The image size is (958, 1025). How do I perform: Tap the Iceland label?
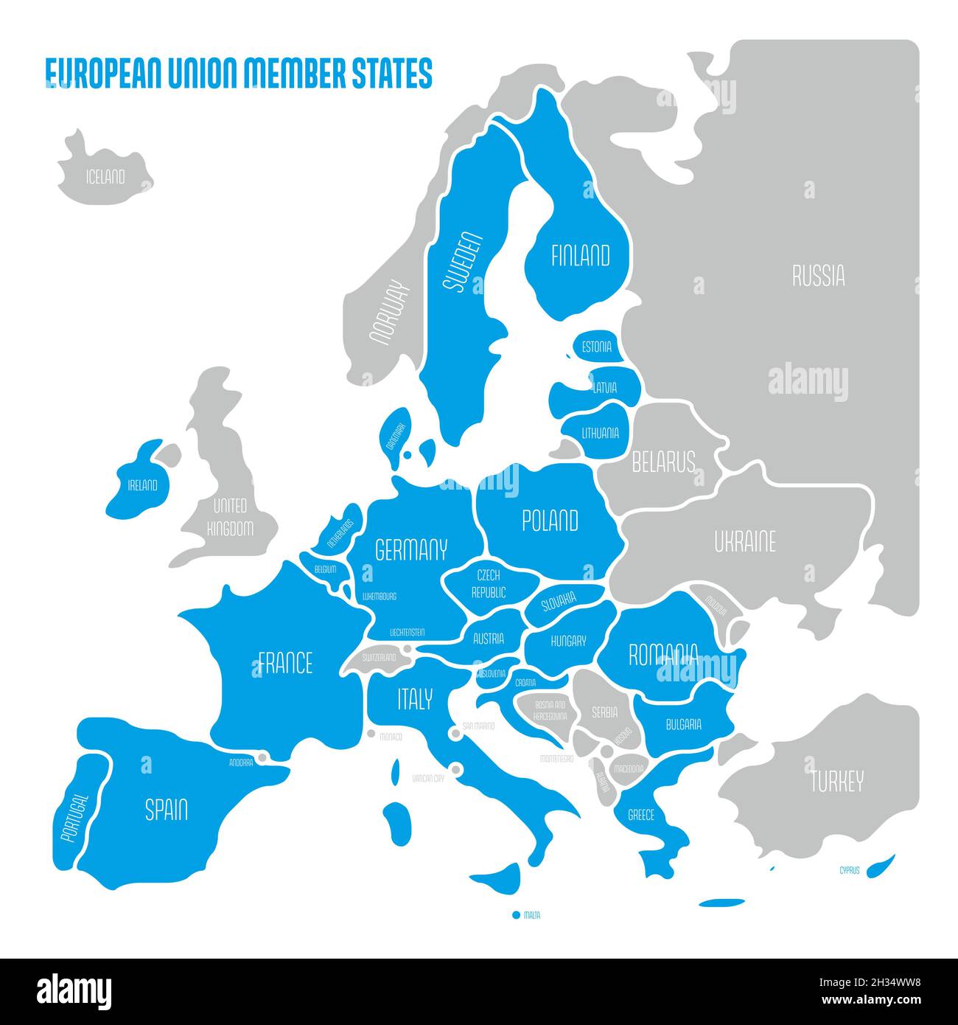tap(105, 177)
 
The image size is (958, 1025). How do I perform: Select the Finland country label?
tap(581, 256)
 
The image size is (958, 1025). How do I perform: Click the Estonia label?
tap(596, 347)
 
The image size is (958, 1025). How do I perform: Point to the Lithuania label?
tap(600, 433)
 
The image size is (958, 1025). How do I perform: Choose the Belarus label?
tap(663, 462)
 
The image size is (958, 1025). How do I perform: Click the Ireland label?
tap(143, 485)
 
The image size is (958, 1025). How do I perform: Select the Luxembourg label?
tap(380, 596)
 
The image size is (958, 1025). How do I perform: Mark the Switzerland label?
tap(378, 657)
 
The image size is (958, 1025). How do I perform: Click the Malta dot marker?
tap(516, 915)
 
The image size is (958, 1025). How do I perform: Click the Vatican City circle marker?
tap(456, 770)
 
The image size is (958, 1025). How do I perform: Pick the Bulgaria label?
tap(683, 724)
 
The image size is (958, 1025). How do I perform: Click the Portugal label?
tap(75, 818)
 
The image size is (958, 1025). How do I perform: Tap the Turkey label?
tap(836, 782)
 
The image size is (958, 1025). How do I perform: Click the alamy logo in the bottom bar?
tap(74, 990)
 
